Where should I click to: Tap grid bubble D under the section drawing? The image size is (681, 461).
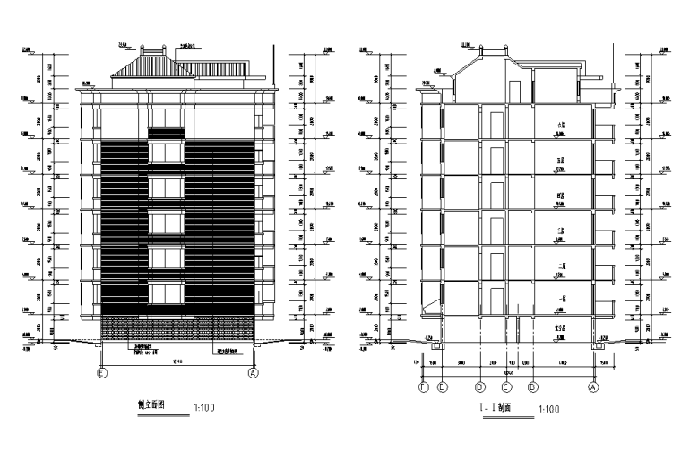(480, 388)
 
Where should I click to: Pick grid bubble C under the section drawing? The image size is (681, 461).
(506, 388)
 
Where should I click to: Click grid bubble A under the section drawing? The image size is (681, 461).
(592, 388)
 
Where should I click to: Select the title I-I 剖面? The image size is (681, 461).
(495, 409)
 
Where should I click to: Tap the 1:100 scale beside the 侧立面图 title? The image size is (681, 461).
(204, 408)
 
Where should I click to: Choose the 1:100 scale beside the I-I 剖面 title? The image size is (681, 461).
(547, 410)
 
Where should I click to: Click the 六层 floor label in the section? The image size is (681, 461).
(561, 126)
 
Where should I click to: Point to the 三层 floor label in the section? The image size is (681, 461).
(561, 230)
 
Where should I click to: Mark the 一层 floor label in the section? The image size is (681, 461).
(561, 299)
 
